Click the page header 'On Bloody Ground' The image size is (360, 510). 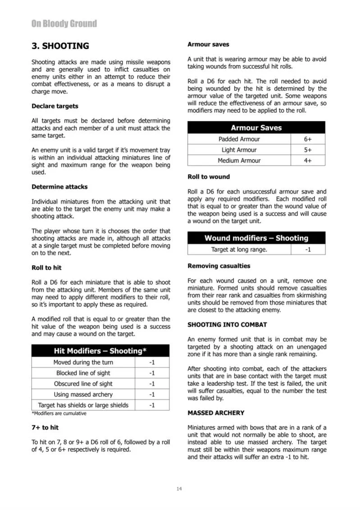coord(64,23)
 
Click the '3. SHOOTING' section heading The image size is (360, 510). coord(60,46)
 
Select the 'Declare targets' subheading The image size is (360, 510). coord(55,106)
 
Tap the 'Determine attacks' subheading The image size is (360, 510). coord(59,187)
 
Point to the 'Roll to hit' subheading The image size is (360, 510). coord(46,267)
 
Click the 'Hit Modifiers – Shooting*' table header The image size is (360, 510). coord(100,351)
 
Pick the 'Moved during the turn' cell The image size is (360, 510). coord(83,362)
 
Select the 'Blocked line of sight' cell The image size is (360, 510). coord(83,373)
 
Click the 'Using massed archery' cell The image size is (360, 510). coord(83,395)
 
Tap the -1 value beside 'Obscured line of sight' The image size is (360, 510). coord(152,384)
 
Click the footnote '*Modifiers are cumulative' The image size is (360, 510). coord(59,414)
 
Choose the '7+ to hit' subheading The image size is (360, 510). coord(45,427)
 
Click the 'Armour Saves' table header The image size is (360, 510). coord(256,128)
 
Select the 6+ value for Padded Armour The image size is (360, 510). coord(308,139)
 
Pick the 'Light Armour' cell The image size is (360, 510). coord(239,150)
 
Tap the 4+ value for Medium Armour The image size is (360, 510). coord(308,161)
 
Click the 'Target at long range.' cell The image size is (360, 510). coord(239,249)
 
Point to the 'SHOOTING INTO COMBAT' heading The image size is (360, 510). coord(227,325)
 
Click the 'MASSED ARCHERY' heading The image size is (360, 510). coord(216,413)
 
